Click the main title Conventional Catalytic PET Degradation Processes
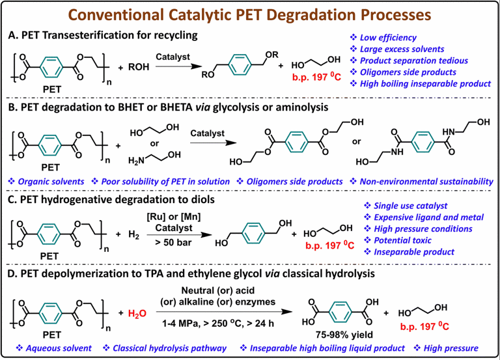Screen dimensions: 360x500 pos(250,14)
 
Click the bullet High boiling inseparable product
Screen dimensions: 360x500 pos(423,84)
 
